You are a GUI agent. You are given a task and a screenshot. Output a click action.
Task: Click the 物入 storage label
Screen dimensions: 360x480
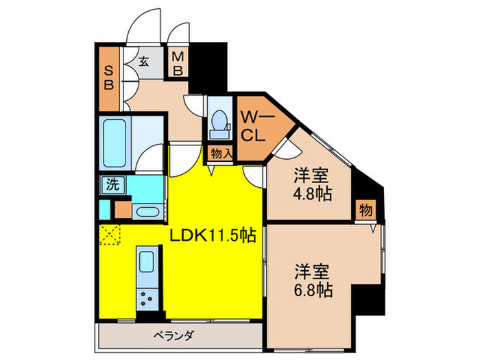[x=221, y=154]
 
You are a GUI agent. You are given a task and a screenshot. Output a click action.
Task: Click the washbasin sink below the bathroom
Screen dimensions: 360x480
[x=146, y=209]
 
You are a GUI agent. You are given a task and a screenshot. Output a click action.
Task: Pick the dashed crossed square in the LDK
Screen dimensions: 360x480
[x=110, y=234]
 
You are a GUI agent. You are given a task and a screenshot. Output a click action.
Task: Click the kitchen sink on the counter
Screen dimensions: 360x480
[x=147, y=263]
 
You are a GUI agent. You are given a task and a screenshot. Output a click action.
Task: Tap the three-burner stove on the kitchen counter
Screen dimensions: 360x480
[x=147, y=296]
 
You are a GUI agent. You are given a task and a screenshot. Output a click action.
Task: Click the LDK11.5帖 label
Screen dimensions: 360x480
[x=213, y=235]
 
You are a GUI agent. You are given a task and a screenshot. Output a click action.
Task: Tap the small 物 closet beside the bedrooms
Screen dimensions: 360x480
[x=365, y=211]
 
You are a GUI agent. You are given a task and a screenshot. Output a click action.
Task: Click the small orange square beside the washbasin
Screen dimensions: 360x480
[x=123, y=209]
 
